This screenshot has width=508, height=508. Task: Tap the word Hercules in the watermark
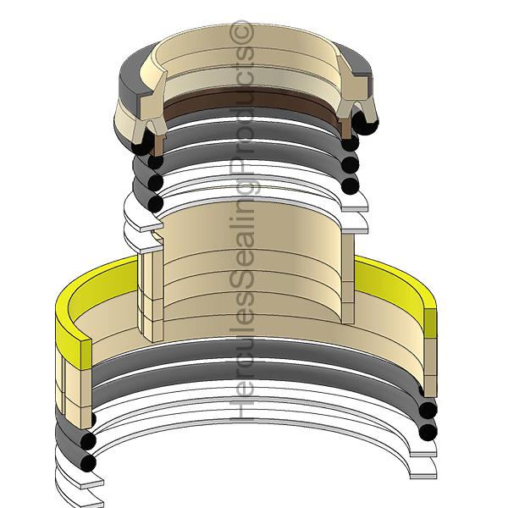[x=245, y=373]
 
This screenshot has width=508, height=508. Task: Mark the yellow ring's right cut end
[x=433, y=322]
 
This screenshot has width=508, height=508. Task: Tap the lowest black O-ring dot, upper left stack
[x=153, y=203]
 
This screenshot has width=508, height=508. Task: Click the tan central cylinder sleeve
[x=254, y=254]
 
